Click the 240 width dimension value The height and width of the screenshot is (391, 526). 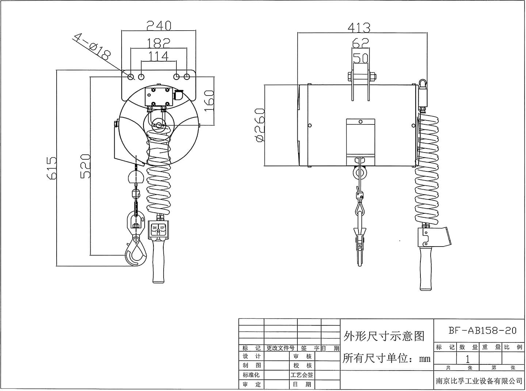tap(159, 26)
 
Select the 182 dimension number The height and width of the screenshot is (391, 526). tap(159, 43)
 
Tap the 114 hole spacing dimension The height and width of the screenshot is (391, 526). tap(159, 56)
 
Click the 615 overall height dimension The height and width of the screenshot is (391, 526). tap(52, 168)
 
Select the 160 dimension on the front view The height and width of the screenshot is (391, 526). tap(209, 101)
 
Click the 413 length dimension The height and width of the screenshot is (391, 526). tap(359, 28)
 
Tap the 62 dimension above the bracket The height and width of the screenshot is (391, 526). tap(361, 43)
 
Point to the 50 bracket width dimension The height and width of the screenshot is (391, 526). tap(361, 58)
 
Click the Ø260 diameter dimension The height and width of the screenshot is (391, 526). tap(259, 125)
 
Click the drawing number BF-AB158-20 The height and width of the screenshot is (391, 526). tap(483, 330)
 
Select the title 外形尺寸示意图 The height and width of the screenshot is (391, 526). tap(384, 336)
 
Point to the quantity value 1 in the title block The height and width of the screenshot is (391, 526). tap(468, 359)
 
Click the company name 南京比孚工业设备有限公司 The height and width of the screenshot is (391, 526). tap(479, 381)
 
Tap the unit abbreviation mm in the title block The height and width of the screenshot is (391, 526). tap(425, 359)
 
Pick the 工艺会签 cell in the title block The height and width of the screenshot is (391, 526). tap(302, 375)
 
